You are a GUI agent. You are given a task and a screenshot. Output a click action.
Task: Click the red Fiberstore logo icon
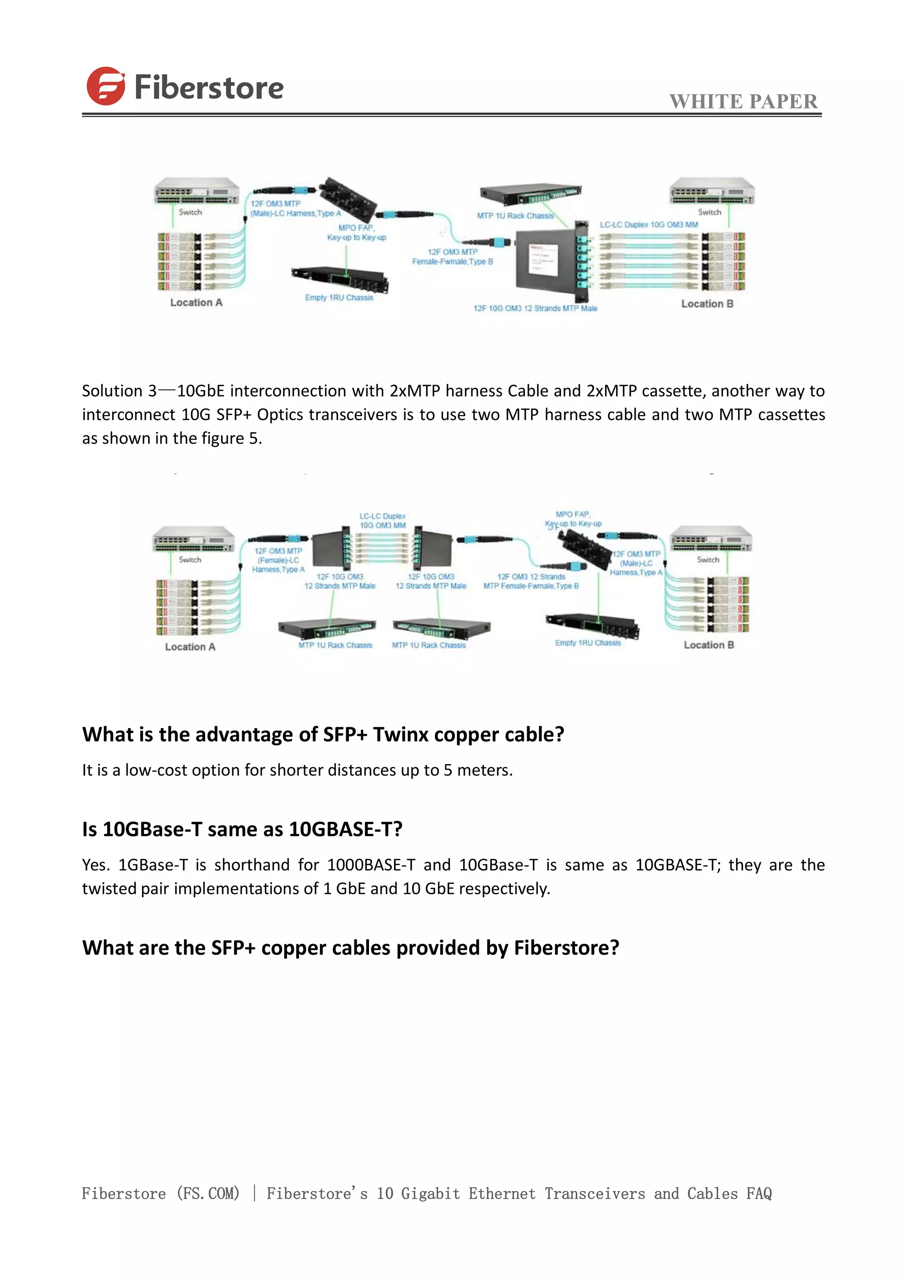(x=105, y=87)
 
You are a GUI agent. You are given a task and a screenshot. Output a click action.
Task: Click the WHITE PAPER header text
(x=743, y=102)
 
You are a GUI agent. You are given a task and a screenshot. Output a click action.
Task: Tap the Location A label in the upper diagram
(x=196, y=303)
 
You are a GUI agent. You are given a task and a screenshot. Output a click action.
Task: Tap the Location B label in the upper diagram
(x=707, y=303)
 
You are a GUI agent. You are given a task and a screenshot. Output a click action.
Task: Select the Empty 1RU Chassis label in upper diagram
(x=339, y=298)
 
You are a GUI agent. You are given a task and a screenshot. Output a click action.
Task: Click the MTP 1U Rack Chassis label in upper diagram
(x=515, y=216)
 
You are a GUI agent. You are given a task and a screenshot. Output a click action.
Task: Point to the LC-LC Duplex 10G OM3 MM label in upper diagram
(x=648, y=224)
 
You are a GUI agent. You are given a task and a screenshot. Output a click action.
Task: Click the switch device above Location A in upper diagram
(x=196, y=191)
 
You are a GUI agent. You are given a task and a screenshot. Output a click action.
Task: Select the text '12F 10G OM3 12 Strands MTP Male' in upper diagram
(x=535, y=308)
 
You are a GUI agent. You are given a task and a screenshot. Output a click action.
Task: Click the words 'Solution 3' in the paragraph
(x=119, y=391)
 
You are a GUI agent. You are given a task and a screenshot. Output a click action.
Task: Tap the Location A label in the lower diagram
(x=190, y=647)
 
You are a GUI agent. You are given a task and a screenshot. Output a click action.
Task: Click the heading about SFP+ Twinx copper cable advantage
(x=323, y=734)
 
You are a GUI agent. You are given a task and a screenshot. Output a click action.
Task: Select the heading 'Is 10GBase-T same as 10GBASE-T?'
(x=242, y=829)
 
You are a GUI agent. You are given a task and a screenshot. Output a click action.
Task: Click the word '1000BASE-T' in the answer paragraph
(x=371, y=865)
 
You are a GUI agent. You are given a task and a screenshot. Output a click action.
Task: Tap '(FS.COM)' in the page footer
(x=207, y=1193)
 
